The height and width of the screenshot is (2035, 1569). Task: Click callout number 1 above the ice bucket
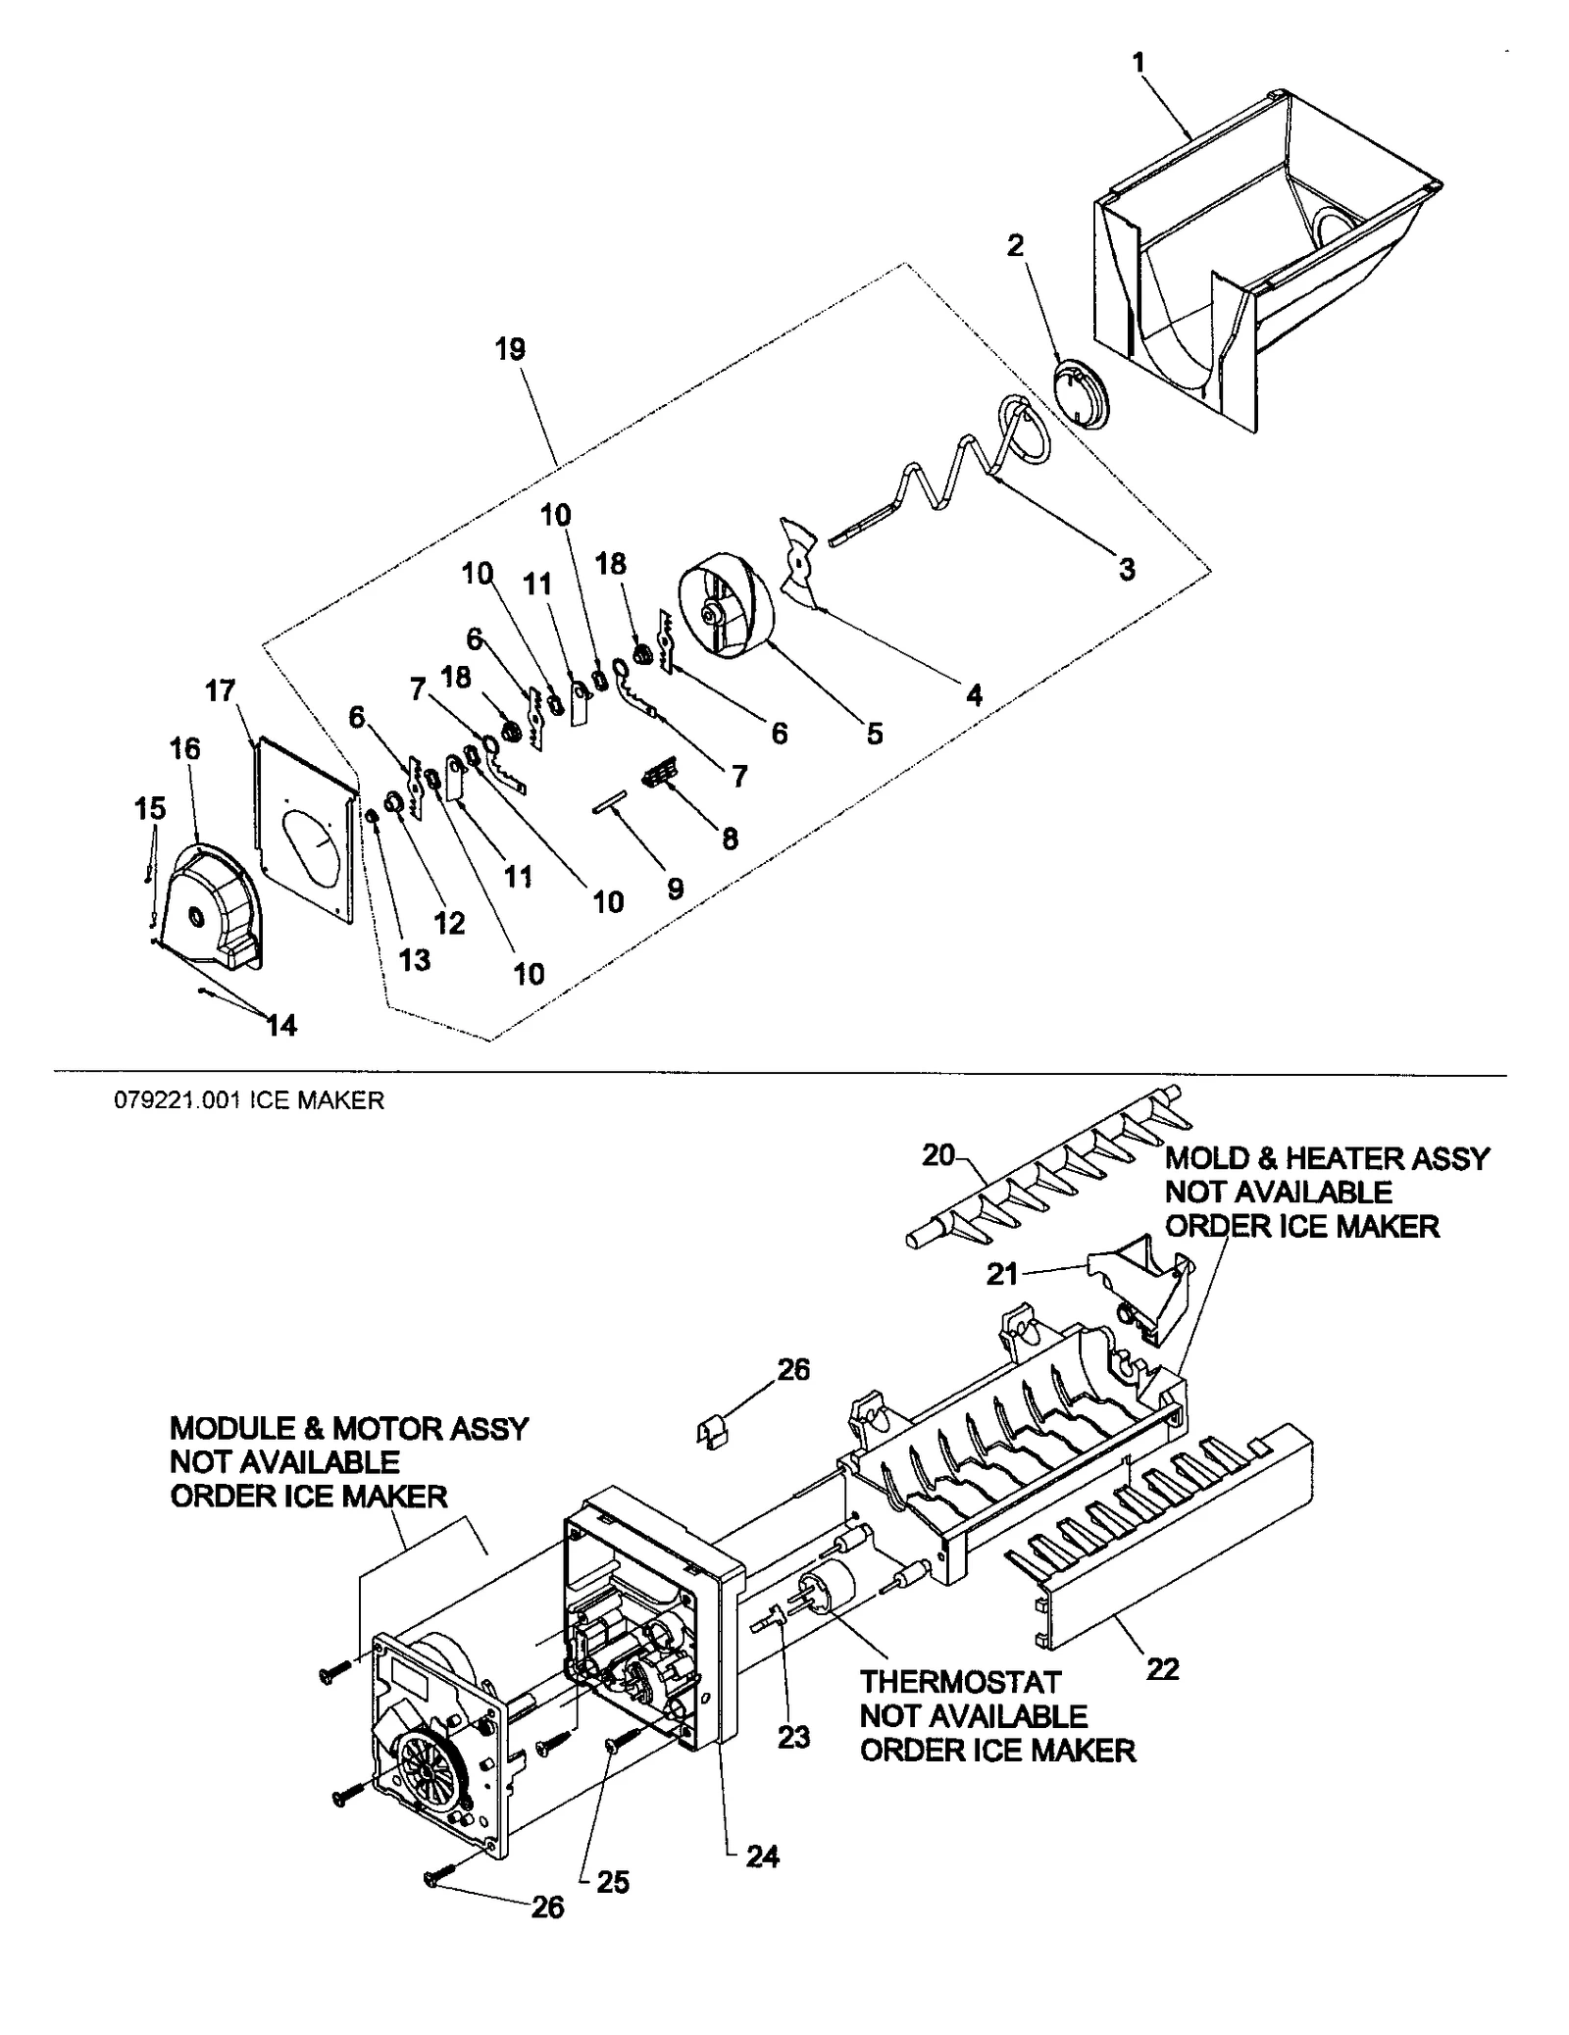point(1138,63)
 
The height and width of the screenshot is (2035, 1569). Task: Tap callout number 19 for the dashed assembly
point(510,349)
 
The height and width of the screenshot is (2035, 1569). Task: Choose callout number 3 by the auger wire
point(1127,569)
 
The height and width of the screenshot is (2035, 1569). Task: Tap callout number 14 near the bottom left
point(281,1026)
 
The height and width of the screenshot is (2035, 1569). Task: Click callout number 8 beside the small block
point(730,839)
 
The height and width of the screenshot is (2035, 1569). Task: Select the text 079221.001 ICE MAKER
point(249,1100)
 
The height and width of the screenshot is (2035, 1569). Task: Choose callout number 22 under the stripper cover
point(1163,1668)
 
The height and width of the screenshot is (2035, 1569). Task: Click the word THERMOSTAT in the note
point(960,1683)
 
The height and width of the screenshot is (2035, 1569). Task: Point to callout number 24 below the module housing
point(762,1857)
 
